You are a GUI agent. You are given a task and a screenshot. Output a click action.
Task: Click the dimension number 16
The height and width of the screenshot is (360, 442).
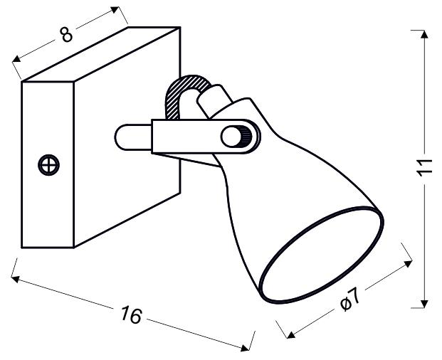tap(131, 314)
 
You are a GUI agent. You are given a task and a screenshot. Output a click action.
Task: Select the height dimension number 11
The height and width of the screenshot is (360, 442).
tap(425, 168)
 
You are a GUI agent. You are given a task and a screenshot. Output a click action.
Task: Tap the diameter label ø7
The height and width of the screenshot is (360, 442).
tap(350, 302)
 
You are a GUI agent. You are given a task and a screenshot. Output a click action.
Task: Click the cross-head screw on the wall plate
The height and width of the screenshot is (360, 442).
tap(49, 165)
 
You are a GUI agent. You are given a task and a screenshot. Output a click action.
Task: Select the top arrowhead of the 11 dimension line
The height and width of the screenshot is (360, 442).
tap(424, 34)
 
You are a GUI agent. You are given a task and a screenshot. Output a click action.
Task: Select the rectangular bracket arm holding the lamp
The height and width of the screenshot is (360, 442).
tap(186, 135)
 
